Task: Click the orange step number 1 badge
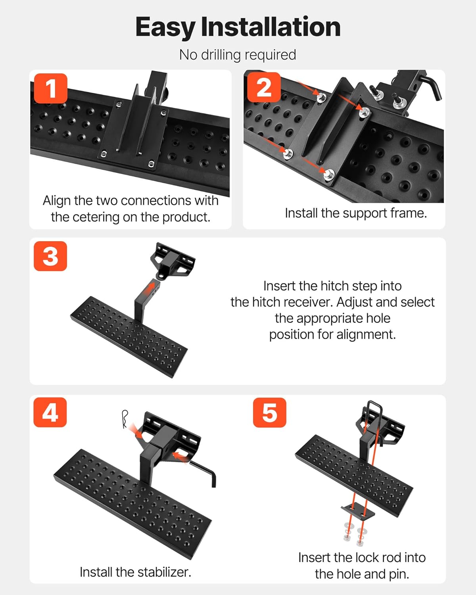pyautogui.click(x=51, y=88)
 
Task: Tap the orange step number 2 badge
pyautogui.click(x=264, y=87)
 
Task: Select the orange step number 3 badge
pyautogui.click(x=50, y=256)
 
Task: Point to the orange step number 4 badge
pyautogui.click(x=50, y=413)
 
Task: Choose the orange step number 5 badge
pyautogui.click(x=270, y=413)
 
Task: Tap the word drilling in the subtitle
pyautogui.click(x=221, y=55)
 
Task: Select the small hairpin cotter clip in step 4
pyautogui.click(x=125, y=419)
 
